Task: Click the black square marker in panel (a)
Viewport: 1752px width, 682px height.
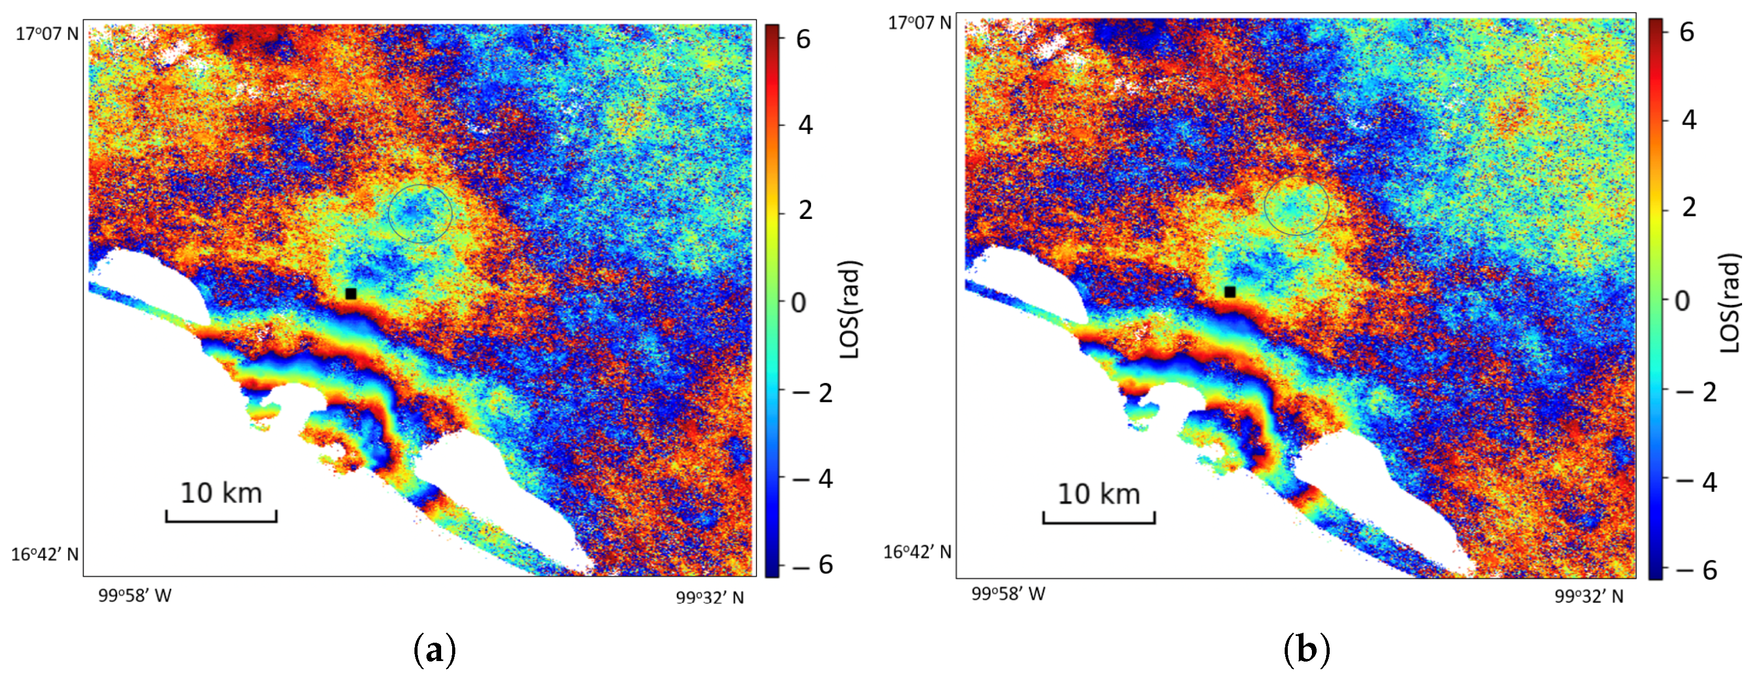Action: (x=351, y=294)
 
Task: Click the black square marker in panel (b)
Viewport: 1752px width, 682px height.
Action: (x=1230, y=292)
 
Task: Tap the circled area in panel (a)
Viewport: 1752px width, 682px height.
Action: (x=420, y=214)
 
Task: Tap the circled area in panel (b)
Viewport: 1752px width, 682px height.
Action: (x=1296, y=205)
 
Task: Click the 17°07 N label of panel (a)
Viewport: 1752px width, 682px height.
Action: (x=47, y=34)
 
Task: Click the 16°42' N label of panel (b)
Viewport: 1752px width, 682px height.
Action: (x=917, y=552)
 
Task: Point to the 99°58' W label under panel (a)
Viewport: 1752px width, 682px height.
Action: (x=135, y=596)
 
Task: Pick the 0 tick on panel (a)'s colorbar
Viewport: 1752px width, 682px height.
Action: (x=798, y=303)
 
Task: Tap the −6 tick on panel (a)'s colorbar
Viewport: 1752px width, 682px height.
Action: (x=817, y=564)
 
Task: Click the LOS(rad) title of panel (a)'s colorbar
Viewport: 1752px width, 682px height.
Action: (x=850, y=310)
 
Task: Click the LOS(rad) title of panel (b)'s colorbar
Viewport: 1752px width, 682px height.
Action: (x=1730, y=303)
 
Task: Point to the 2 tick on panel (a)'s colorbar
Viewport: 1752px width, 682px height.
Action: (x=805, y=210)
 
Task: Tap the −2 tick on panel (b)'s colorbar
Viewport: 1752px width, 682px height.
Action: (x=1700, y=392)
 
